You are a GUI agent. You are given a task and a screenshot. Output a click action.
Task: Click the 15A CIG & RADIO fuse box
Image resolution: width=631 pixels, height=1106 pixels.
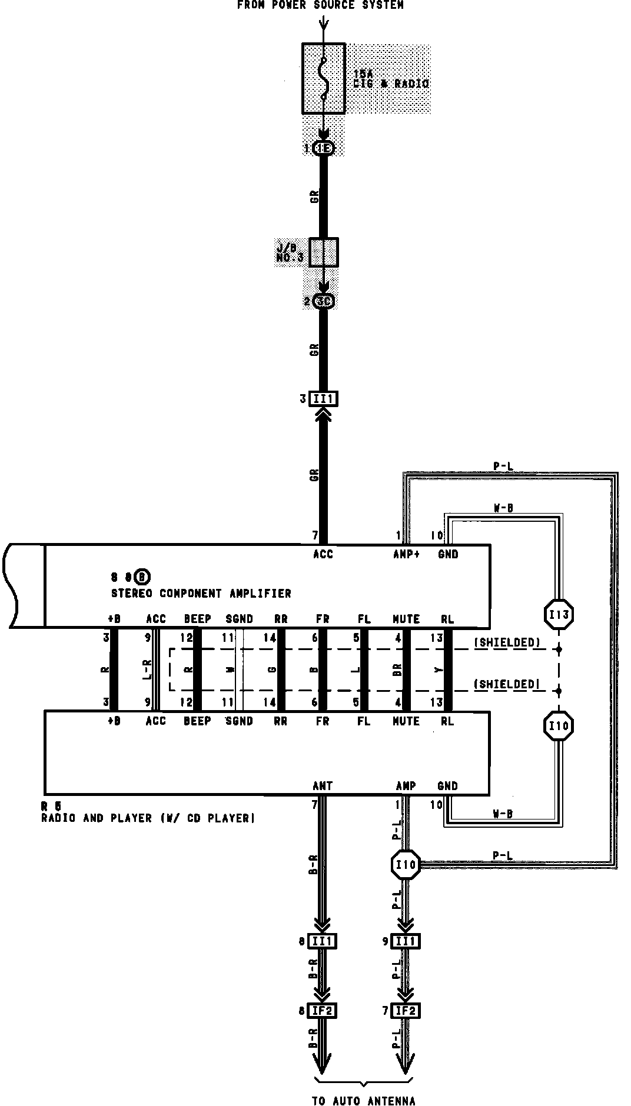tap(323, 78)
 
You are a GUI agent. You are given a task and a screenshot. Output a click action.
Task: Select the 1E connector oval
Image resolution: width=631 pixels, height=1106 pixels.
tap(323, 148)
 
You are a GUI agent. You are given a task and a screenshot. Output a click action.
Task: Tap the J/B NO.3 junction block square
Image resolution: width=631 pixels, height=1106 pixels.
tap(323, 252)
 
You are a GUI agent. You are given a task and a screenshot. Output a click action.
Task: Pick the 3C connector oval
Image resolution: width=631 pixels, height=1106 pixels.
tap(324, 301)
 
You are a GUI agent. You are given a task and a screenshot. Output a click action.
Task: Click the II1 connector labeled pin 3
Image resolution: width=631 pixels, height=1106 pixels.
tap(323, 399)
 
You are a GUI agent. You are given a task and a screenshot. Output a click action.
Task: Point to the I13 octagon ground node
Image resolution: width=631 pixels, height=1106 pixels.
tap(557, 615)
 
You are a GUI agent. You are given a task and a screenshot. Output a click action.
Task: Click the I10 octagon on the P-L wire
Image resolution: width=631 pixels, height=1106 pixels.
tap(406, 864)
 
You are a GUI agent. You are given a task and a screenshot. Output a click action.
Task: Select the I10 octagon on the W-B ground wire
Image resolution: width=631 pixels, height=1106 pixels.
tap(557, 726)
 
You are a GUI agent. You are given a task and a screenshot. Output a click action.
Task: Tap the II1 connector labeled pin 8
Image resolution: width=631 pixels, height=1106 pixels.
tap(323, 941)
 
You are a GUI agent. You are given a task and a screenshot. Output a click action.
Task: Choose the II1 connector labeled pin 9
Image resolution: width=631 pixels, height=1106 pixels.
tap(406, 941)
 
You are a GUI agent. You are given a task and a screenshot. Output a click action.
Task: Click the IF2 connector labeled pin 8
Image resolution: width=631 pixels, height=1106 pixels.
tap(323, 1011)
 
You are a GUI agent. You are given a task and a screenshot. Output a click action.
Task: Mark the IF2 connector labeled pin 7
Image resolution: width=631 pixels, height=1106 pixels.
tap(406, 1011)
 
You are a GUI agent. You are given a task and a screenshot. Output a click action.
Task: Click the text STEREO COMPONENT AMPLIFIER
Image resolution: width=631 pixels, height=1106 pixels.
tap(201, 593)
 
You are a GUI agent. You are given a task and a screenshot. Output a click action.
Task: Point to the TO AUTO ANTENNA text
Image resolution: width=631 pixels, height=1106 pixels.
tap(363, 1101)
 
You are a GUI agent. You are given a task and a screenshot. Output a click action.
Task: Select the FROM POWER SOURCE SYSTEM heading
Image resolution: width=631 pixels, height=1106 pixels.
tap(320, 5)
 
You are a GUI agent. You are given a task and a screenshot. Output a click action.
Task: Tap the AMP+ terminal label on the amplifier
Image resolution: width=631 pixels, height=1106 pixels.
tap(406, 554)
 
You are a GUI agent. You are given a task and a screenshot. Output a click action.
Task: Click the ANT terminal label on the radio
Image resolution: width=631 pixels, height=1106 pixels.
tap(323, 785)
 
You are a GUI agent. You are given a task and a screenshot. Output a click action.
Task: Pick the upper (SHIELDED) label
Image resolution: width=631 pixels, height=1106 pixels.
tap(507, 642)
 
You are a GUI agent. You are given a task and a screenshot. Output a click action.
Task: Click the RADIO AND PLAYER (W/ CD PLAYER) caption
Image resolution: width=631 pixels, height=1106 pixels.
tap(148, 818)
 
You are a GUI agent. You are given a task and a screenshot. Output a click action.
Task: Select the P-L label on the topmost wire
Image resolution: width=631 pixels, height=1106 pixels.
tap(503, 467)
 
